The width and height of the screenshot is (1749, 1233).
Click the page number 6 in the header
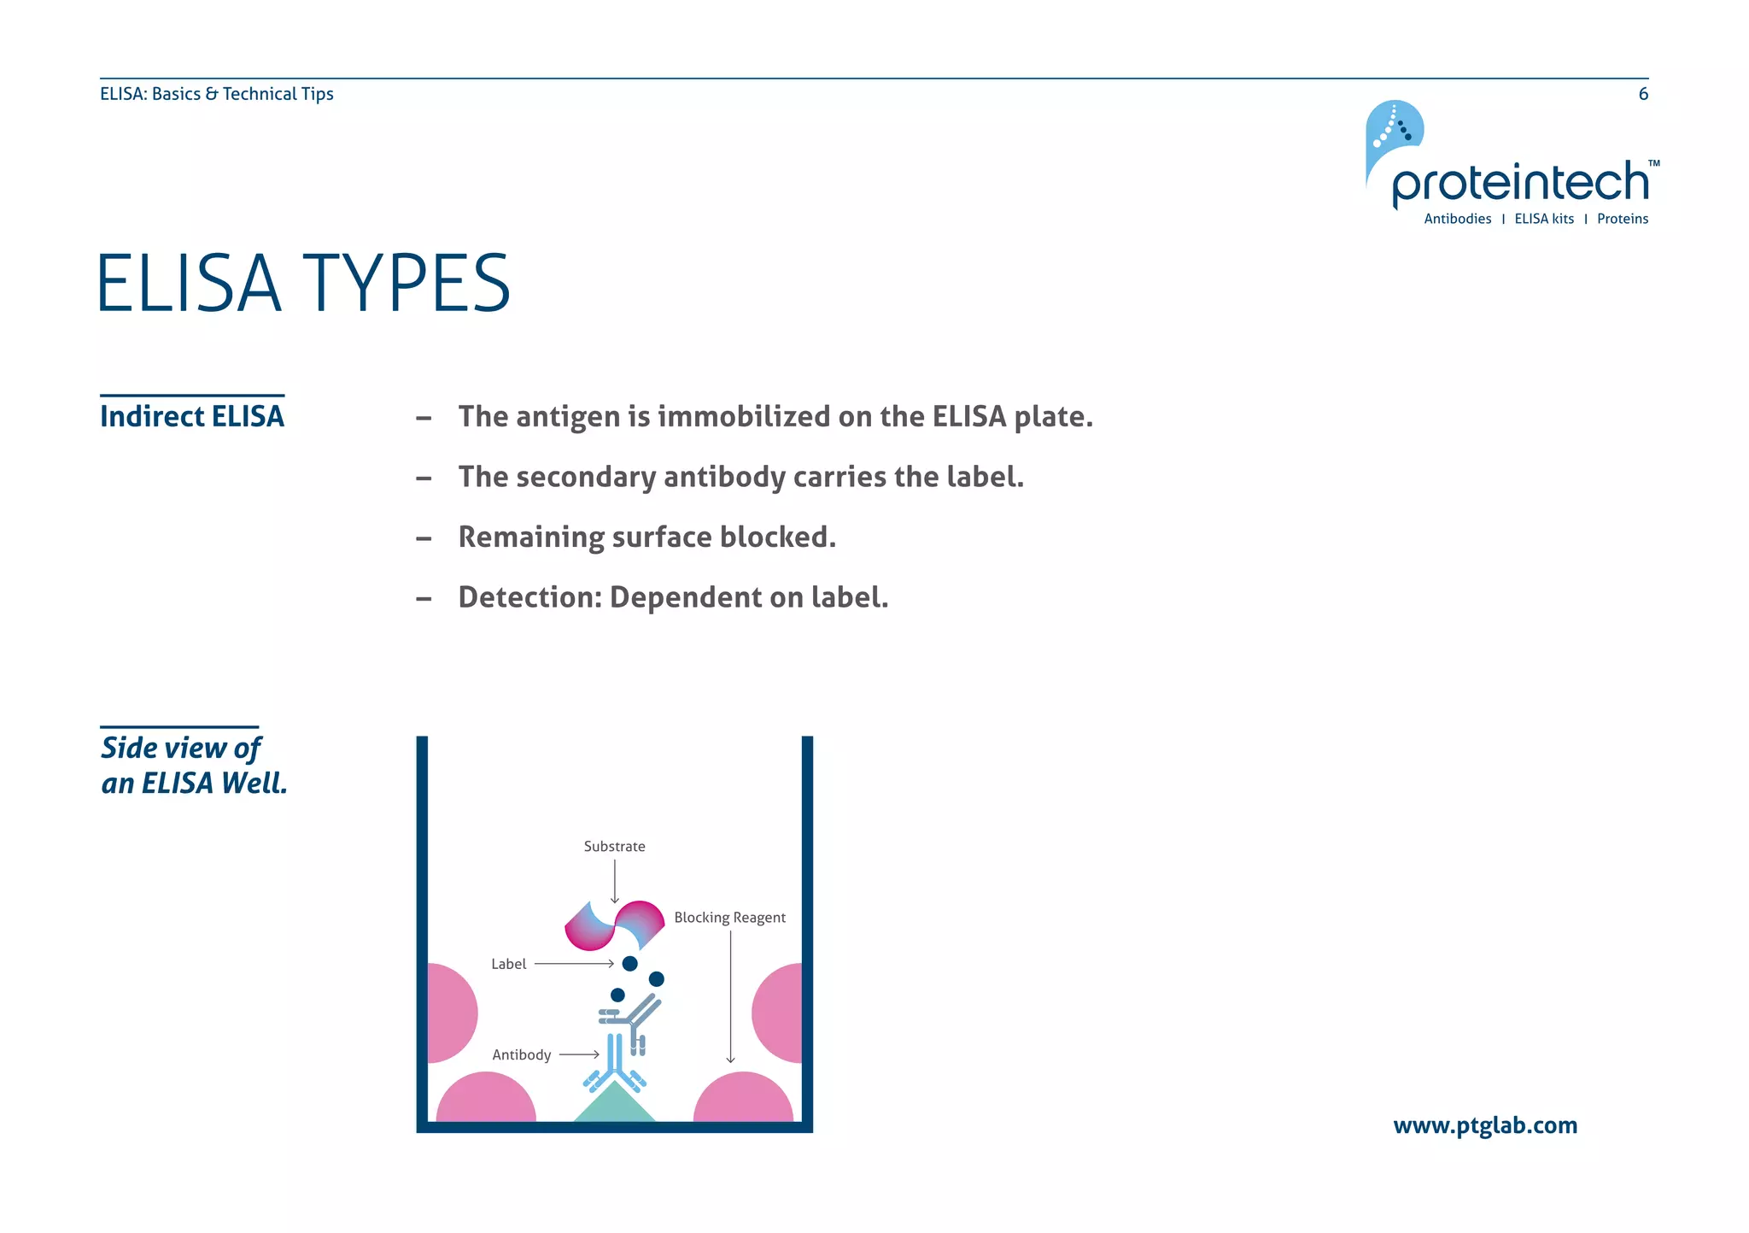click(1642, 94)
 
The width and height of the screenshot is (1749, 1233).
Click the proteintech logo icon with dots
click(1393, 131)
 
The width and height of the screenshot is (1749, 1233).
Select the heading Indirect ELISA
click(192, 416)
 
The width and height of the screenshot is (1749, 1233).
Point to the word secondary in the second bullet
click(587, 477)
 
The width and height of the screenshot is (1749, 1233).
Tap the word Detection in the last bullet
click(529, 597)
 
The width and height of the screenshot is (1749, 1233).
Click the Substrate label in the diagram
click(614, 846)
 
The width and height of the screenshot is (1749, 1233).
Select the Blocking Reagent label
click(729, 917)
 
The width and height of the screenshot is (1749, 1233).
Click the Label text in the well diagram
click(508, 964)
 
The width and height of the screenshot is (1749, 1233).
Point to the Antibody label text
click(521, 1054)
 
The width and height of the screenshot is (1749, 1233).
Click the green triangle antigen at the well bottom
click(614, 1107)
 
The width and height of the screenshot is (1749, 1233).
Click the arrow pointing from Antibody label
click(579, 1054)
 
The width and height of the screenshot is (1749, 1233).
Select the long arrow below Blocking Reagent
click(730, 995)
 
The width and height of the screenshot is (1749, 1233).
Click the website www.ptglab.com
click(1484, 1125)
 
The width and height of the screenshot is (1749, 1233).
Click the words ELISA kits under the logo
click(1543, 219)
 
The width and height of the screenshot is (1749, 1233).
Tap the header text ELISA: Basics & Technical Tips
click(216, 94)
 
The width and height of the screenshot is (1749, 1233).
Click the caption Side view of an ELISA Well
click(194, 765)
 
